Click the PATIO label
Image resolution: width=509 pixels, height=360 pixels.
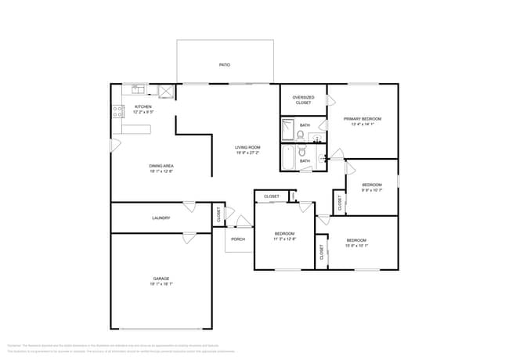[224, 65]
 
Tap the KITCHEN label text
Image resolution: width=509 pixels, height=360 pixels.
[143, 106]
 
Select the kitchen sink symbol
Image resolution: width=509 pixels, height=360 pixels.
[138, 88]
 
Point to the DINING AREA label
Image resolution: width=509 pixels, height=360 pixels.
[161, 166]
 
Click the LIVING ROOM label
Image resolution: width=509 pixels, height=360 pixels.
[247, 147]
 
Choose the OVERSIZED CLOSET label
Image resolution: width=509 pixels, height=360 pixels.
[302, 100]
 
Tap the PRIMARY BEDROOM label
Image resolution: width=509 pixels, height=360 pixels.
[362, 118]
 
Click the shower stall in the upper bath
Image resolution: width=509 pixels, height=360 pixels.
[288, 127]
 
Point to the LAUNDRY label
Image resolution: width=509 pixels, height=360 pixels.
[161, 218]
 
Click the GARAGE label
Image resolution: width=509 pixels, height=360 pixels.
[161, 279]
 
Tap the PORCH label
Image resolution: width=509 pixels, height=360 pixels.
[237, 239]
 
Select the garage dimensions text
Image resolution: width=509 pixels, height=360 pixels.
[161, 285]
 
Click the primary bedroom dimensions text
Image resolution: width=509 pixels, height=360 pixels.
[362, 124]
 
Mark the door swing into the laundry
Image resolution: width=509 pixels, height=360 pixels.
[189, 207]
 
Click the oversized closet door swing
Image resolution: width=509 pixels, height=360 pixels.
[330, 99]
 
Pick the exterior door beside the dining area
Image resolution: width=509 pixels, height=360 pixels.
[114, 146]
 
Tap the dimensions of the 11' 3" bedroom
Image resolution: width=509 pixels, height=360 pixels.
[283, 239]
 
